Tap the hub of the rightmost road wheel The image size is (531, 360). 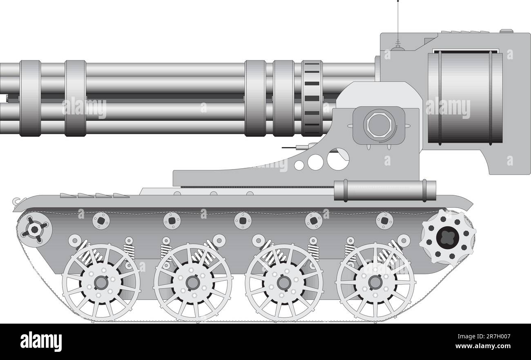[375, 282]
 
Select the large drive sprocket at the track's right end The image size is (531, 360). [447, 237]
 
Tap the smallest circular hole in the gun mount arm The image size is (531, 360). [299, 165]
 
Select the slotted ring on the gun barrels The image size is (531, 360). [312, 98]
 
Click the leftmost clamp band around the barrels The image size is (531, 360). [30, 98]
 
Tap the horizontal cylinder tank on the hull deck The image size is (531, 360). [384, 190]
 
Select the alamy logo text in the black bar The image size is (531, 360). [41, 342]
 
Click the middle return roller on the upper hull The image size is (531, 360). [243, 221]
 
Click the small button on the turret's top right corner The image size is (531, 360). [506, 31]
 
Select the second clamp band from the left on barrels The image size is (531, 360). [76, 98]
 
